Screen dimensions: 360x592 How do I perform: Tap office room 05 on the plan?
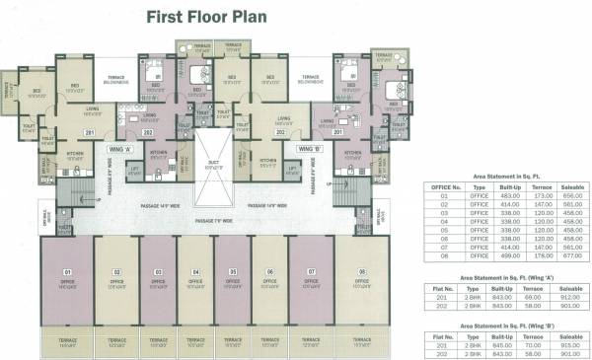click(233, 280)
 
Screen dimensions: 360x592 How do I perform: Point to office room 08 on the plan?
click(362, 280)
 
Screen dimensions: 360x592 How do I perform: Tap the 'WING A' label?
click(121, 150)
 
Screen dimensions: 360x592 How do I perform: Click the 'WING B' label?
click(308, 150)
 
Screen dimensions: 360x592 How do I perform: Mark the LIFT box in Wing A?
click(134, 170)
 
